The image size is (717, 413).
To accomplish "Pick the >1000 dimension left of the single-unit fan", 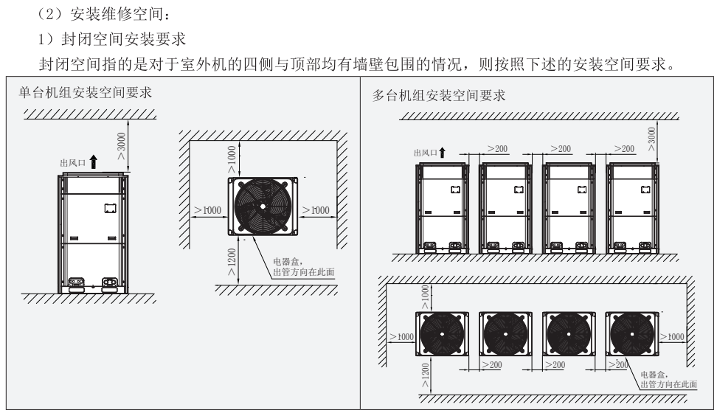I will (209, 210).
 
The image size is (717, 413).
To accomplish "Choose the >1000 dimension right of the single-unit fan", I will (314, 210).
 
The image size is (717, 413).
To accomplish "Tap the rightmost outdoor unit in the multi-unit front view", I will (631, 206).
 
